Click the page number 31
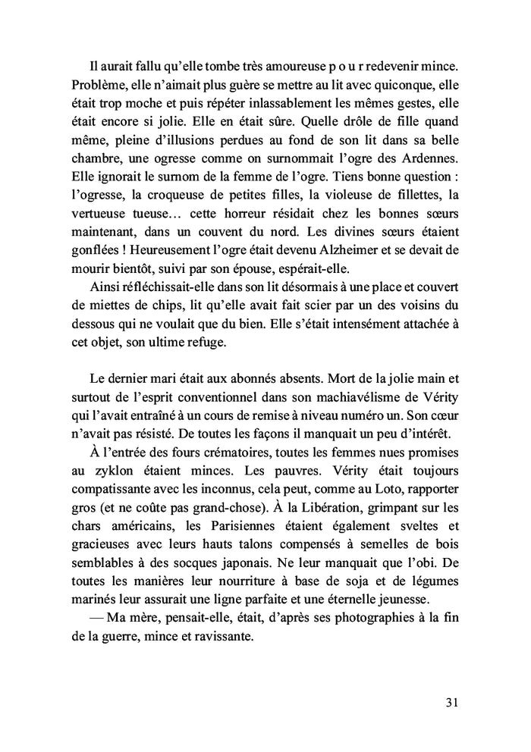[451, 702]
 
